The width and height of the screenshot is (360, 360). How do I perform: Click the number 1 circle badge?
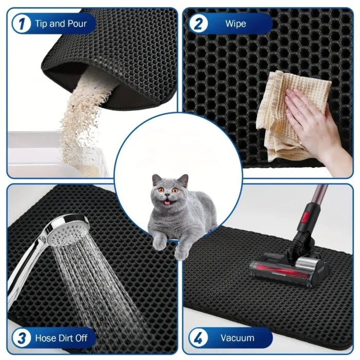coord(22,24)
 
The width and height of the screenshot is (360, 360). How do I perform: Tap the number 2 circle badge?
coord(198,24)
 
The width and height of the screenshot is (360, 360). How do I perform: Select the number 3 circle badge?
coord(22,338)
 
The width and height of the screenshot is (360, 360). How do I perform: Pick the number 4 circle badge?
coord(198,338)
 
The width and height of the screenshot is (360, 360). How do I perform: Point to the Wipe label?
coord(236,24)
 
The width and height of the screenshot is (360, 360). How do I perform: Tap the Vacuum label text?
coord(238,338)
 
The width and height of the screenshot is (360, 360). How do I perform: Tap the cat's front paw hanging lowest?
coord(182,254)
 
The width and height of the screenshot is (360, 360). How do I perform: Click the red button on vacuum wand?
coord(305,218)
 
